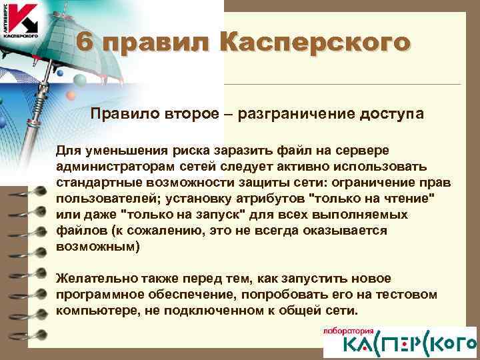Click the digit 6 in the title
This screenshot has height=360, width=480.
(84, 43)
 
